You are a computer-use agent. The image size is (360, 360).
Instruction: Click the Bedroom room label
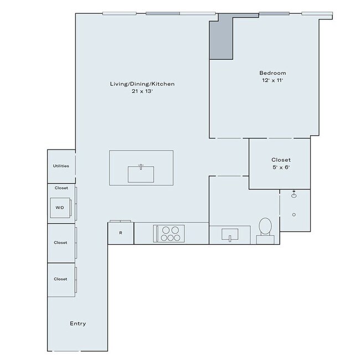click(x=272, y=73)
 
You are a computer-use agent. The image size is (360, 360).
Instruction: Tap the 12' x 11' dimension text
click(x=272, y=81)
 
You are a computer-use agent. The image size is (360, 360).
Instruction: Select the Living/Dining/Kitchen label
click(x=142, y=84)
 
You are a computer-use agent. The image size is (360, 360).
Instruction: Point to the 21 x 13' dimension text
click(x=142, y=91)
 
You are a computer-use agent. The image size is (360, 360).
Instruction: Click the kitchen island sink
click(x=141, y=174)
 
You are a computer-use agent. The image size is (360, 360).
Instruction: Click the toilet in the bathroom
click(x=265, y=228)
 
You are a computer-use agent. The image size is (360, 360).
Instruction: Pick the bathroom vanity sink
click(x=230, y=235)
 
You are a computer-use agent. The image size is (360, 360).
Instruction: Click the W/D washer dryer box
click(x=60, y=207)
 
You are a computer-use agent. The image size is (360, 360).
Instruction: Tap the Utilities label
click(x=61, y=166)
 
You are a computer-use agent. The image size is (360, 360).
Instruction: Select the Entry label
click(x=78, y=323)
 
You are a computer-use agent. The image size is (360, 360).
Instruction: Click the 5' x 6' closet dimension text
click(x=281, y=168)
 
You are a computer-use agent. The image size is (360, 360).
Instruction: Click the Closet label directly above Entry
click(x=60, y=279)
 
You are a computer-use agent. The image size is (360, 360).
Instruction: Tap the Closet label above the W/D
click(x=61, y=188)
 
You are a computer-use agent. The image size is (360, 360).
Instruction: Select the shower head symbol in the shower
click(x=294, y=194)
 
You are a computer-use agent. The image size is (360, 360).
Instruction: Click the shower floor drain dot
click(x=294, y=214)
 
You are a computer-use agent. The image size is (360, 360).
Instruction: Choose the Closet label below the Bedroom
click(x=281, y=160)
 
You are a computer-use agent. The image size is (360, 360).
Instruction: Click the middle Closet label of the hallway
click(x=60, y=242)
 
